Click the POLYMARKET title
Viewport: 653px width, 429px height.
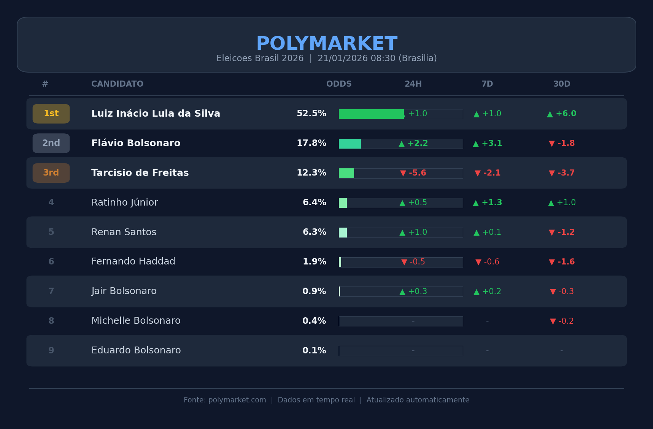point(327,44)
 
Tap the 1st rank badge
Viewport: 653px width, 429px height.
point(51,114)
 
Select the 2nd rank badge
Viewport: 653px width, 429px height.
point(51,143)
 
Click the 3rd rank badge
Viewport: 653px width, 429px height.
point(51,173)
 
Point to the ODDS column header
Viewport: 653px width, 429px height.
point(339,84)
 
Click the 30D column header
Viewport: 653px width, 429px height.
point(562,84)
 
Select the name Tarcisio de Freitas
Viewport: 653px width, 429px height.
point(140,173)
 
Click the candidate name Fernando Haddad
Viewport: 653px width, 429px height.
point(133,261)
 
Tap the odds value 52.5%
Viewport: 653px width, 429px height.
point(311,114)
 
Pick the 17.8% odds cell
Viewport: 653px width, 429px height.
point(311,143)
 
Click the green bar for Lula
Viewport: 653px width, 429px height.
point(371,114)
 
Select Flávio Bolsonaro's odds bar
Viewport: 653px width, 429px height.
point(350,144)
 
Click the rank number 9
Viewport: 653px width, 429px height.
point(51,350)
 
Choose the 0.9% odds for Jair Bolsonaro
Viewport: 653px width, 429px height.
point(314,291)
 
